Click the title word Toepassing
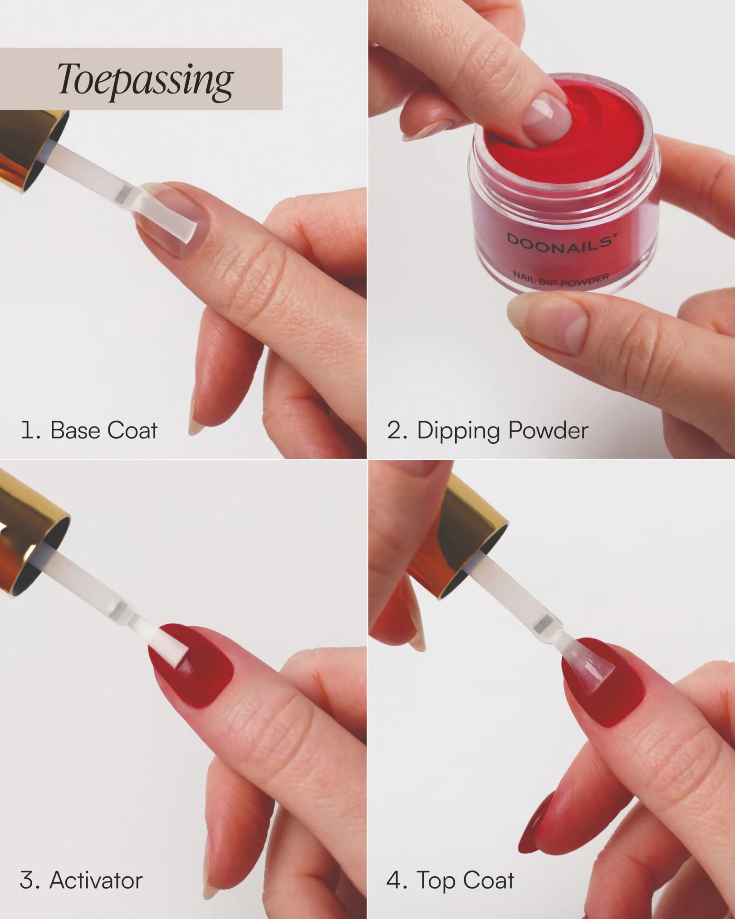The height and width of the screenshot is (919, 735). pos(145,80)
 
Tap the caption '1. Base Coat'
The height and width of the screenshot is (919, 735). pos(89,430)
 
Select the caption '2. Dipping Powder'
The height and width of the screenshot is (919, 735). pos(487,431)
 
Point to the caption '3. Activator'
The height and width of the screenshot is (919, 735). pos(81,880)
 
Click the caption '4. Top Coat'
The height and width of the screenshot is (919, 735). pos(450,881)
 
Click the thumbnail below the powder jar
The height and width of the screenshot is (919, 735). pos(547,320)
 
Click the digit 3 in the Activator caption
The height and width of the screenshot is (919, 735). pos(26,881)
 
